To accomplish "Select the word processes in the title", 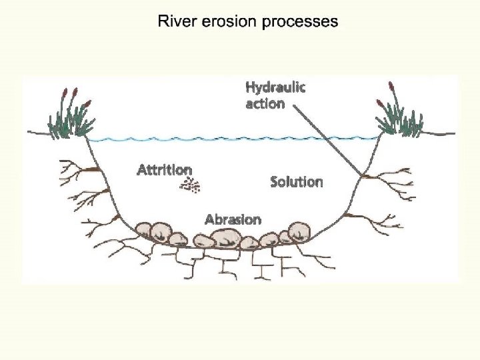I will point(299,21).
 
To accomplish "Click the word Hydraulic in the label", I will point(275,87).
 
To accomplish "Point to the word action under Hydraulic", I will point(265,103).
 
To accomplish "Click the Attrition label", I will point(164,170).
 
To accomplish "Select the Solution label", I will point(297,181).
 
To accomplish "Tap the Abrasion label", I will point(233,219).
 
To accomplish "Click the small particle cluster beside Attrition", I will point(192,186).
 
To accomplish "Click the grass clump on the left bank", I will point(69,121).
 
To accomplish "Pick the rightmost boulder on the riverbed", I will point(299,231).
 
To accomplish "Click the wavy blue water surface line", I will point(233,139).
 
